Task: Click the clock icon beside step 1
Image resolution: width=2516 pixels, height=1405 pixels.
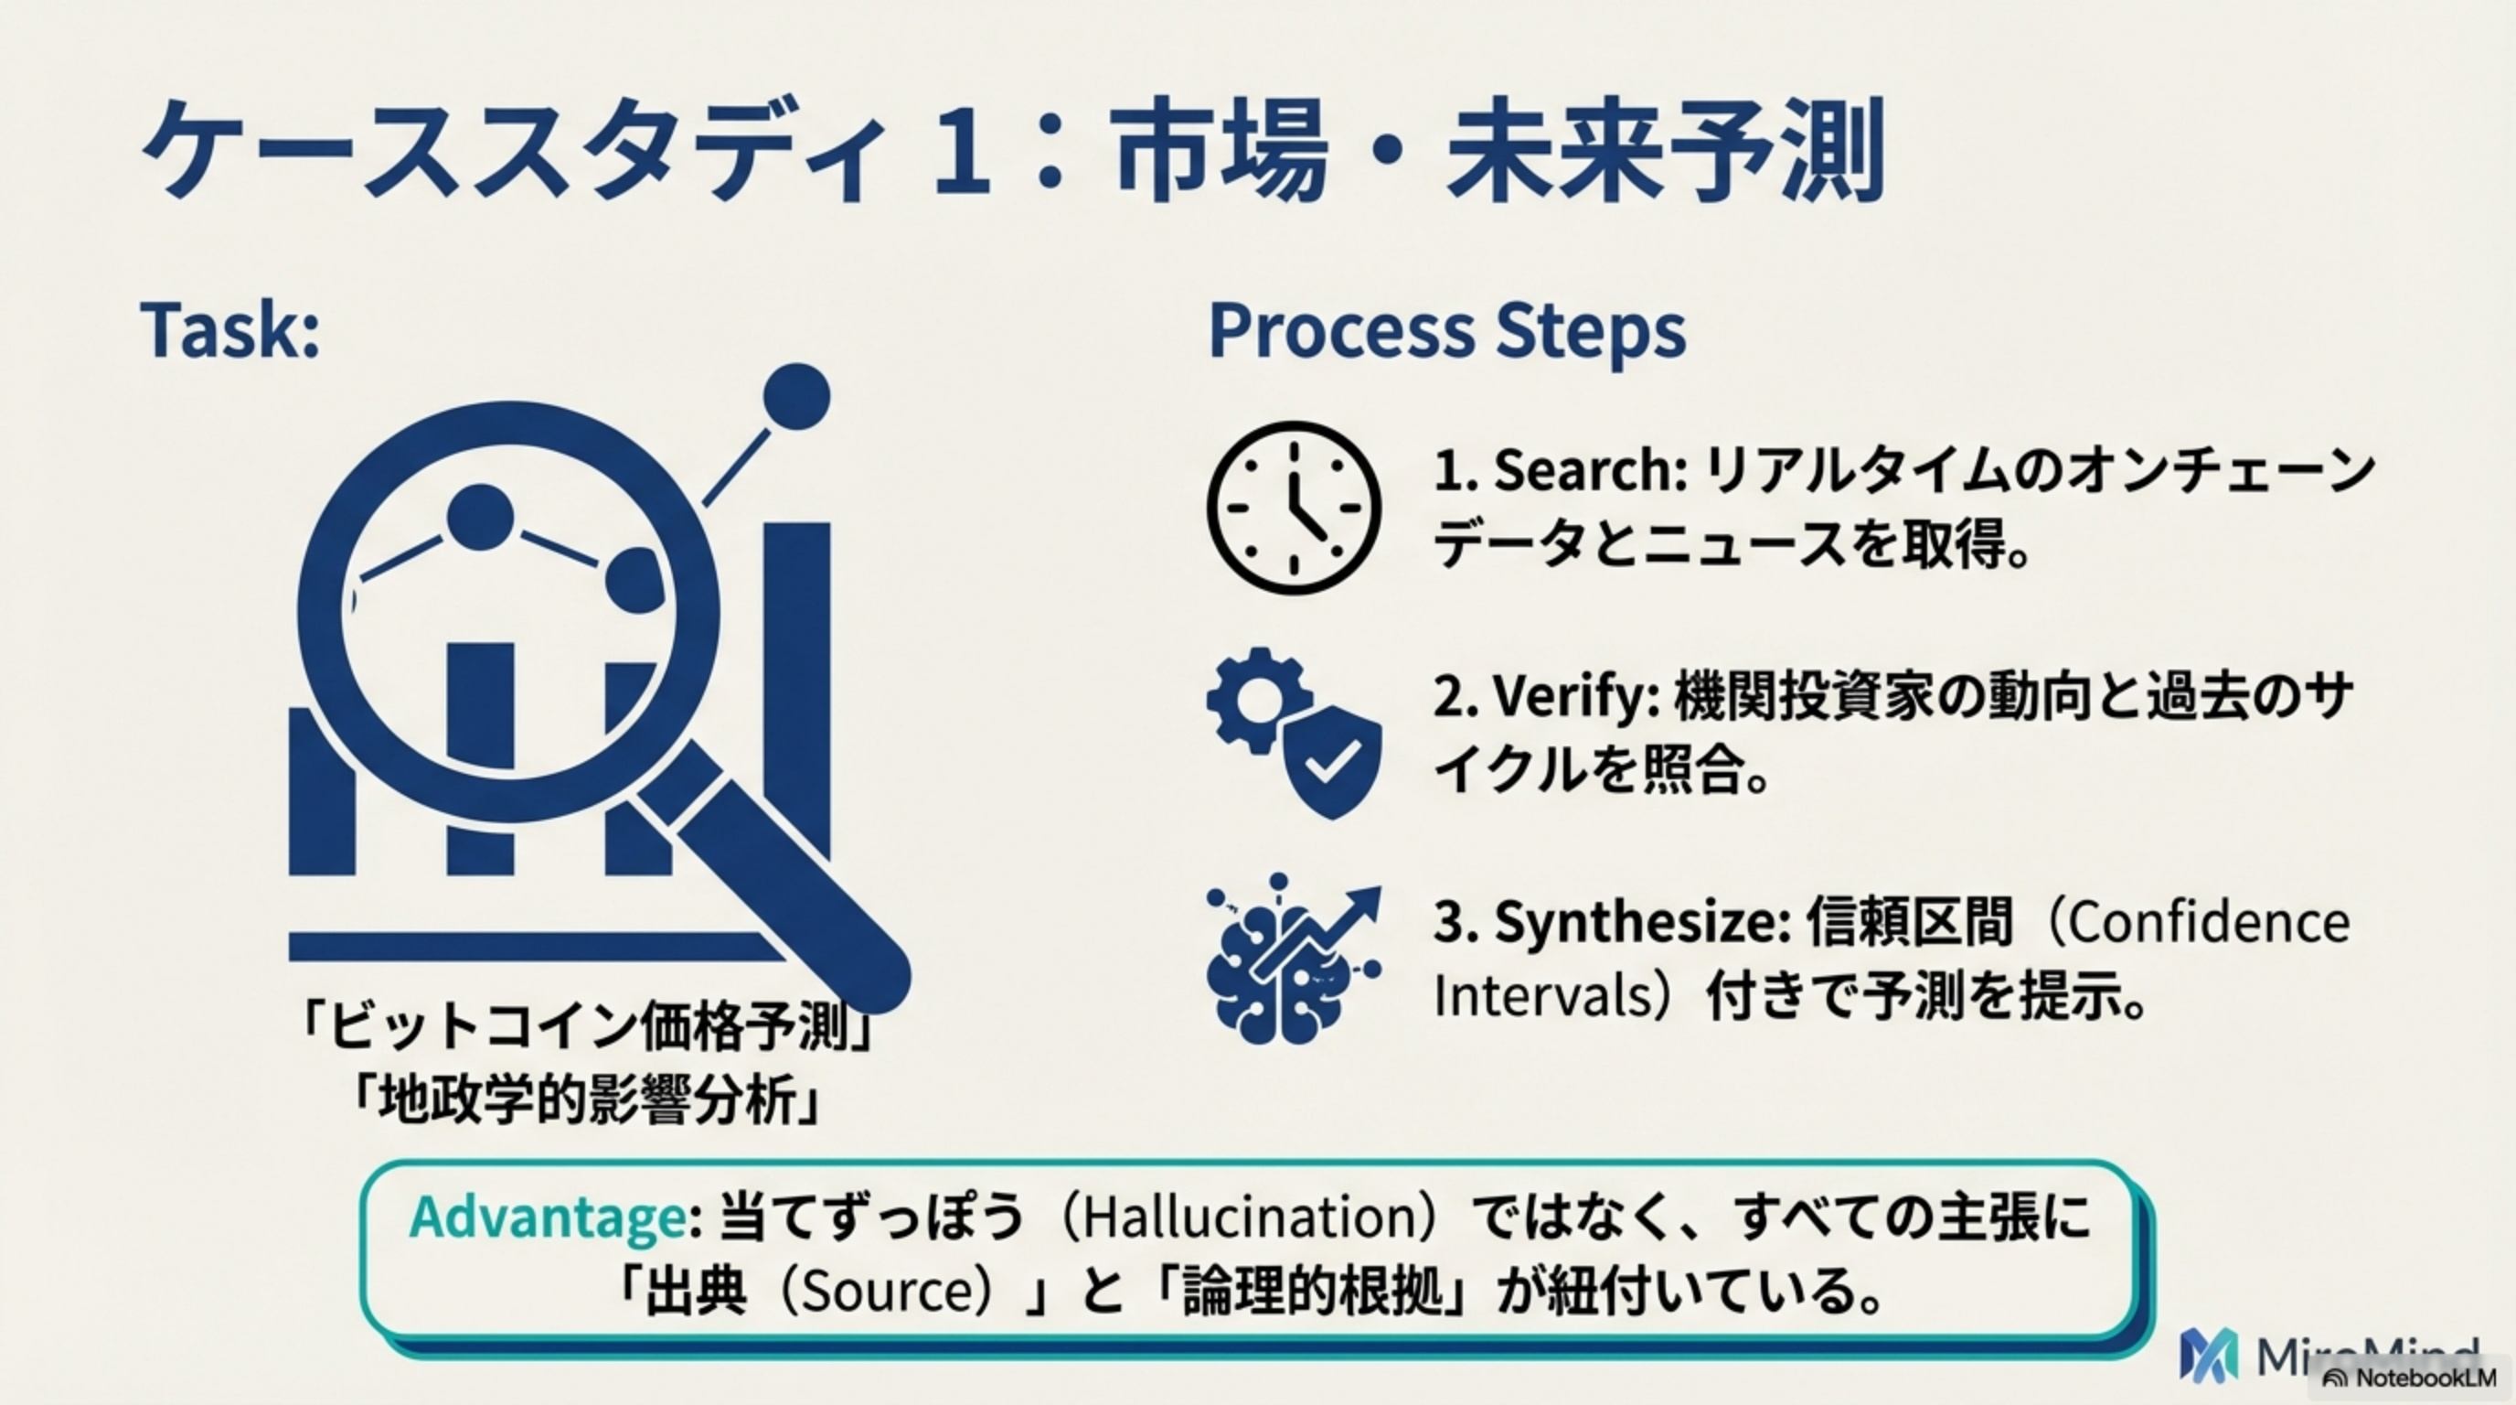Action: [x=1293, y=507]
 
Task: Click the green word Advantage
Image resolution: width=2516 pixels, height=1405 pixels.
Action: [x=548, y=1217]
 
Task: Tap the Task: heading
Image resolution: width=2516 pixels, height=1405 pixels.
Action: [x=230, y=330]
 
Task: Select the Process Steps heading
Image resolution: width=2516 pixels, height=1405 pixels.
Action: [x=1446, y=330]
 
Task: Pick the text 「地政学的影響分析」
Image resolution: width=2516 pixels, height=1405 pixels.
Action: [x=587, y=1101]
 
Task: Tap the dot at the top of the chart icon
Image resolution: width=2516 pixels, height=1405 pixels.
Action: [x=796, y=397]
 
